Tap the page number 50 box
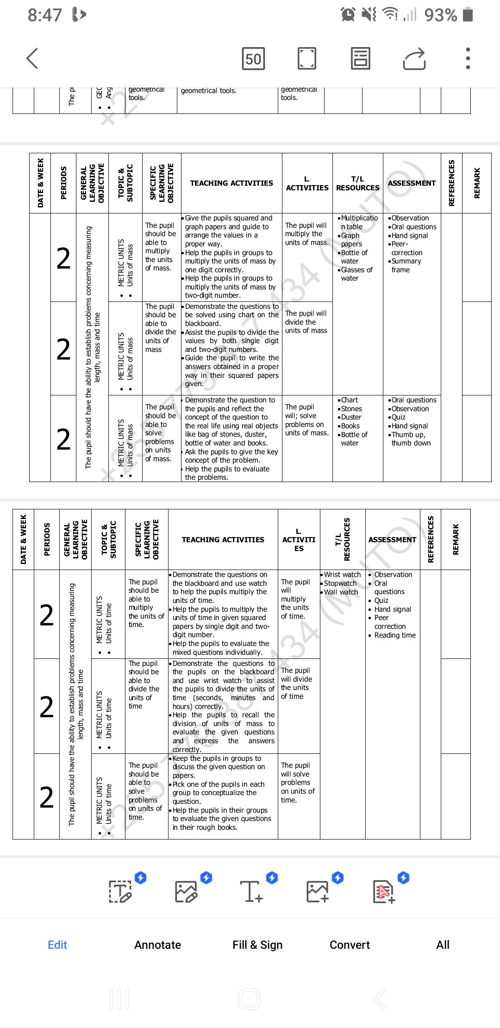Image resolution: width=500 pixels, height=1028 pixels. tap(253, 59)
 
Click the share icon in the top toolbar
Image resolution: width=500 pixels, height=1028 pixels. tap(414, 59)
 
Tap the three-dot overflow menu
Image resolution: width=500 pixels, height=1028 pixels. tap(468, 59)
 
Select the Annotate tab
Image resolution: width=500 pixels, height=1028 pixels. tap(157, 945)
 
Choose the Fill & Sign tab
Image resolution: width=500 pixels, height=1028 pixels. tap(257, 945)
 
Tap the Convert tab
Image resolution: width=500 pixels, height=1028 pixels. tap(350, 945)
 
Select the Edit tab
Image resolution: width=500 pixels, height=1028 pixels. tap(57, 945)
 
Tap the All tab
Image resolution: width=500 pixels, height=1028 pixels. tap(443, 945)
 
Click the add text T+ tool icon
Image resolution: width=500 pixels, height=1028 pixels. tap(251, 891)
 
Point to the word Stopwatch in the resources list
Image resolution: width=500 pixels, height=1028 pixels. tap(340, 583)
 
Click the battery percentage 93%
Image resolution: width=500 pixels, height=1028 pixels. tap(441, 15)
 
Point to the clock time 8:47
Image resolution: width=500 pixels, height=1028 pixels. tap(44, 15)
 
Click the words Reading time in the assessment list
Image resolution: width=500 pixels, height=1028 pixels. tap(395, 635)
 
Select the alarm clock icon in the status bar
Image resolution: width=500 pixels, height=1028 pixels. tap(348, 15)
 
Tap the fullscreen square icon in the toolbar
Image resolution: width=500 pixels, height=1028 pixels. tap(306, 59)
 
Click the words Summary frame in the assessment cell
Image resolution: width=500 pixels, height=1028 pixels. tap(406, 265)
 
